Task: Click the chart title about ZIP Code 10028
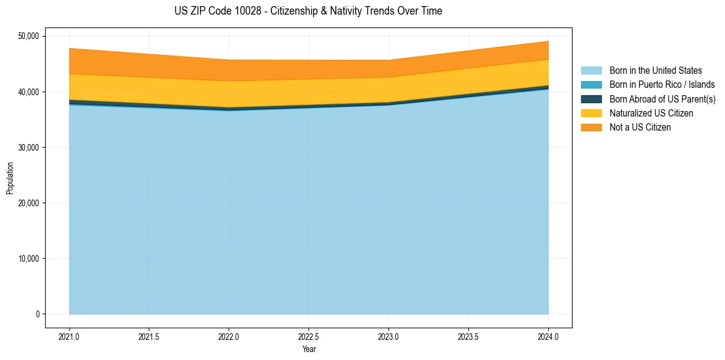[308, 11]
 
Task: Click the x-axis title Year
[309, 349]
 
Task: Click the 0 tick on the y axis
[37, 314]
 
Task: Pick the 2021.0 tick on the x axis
[70, 336]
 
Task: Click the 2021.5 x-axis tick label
[149, 336]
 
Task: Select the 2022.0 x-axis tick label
[229, 336]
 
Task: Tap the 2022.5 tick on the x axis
[309, 336]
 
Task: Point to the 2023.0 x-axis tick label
[388, 336]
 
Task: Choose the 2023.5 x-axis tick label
[468, 336]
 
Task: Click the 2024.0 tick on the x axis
[548, 336]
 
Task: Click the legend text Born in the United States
[655, 70]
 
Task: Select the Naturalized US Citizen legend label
[651, 113]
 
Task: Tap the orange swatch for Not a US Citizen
[591, 127]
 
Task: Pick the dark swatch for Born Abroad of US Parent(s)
[591, 99]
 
